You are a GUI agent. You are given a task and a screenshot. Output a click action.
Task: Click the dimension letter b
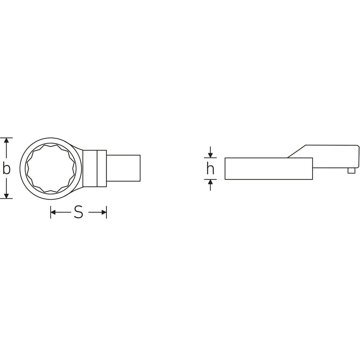pos(6,168)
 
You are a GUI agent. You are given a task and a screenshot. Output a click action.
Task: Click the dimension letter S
pos(78,212)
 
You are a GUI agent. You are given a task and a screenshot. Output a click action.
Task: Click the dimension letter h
pos(210,168)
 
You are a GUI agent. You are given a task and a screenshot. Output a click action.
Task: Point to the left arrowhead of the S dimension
pos(53,212)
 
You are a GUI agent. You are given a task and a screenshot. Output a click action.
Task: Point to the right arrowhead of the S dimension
pos(104,212)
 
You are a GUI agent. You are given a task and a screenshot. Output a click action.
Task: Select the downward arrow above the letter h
pos(210,152)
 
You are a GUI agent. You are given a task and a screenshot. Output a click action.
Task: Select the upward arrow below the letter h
pos(210,185)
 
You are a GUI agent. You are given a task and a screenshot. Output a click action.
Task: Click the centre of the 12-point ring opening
pos(51,168)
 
